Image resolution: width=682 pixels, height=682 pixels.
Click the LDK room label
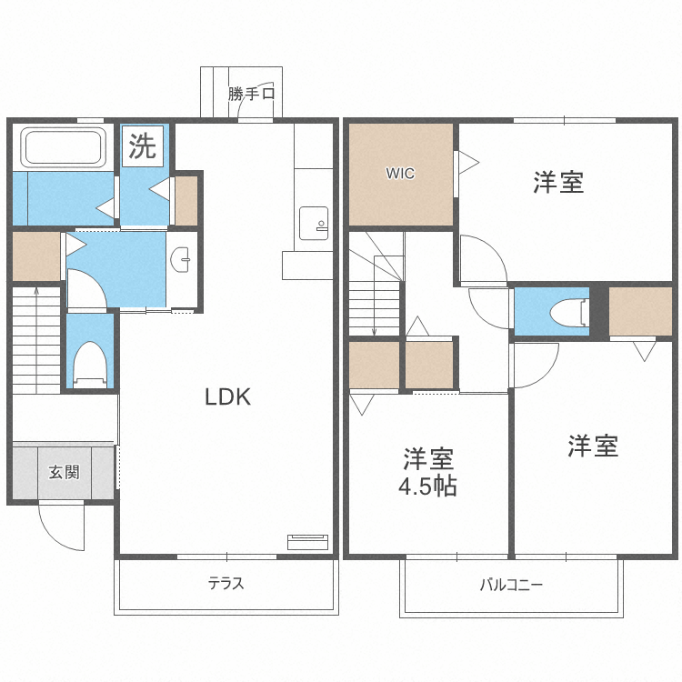[x=226, y=396]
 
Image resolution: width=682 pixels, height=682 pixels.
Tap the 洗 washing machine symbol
[x=141, y=146]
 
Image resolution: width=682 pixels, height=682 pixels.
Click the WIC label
[x=400, y=174]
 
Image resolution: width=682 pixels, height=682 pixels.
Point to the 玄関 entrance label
[x=64, y=472]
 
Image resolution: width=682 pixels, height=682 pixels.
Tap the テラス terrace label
[x=226, y=584]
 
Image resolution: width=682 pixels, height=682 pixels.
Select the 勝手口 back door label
[x=252, y=93]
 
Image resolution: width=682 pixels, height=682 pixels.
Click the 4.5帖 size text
[x=427, y=486]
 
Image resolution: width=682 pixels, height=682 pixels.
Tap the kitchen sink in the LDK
[x=314, y=222]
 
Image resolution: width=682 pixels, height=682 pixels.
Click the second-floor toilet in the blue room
[x=569, y=311]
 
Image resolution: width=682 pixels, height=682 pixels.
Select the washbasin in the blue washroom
[x=183, y=260]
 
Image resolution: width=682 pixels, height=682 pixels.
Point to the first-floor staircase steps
[x=35, y=341]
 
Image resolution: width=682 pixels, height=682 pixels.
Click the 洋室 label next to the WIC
[x=557, y=182]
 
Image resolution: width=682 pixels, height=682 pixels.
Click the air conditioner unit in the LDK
[x=307, y=542]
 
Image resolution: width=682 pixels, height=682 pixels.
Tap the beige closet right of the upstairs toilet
[x=640, y=311]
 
